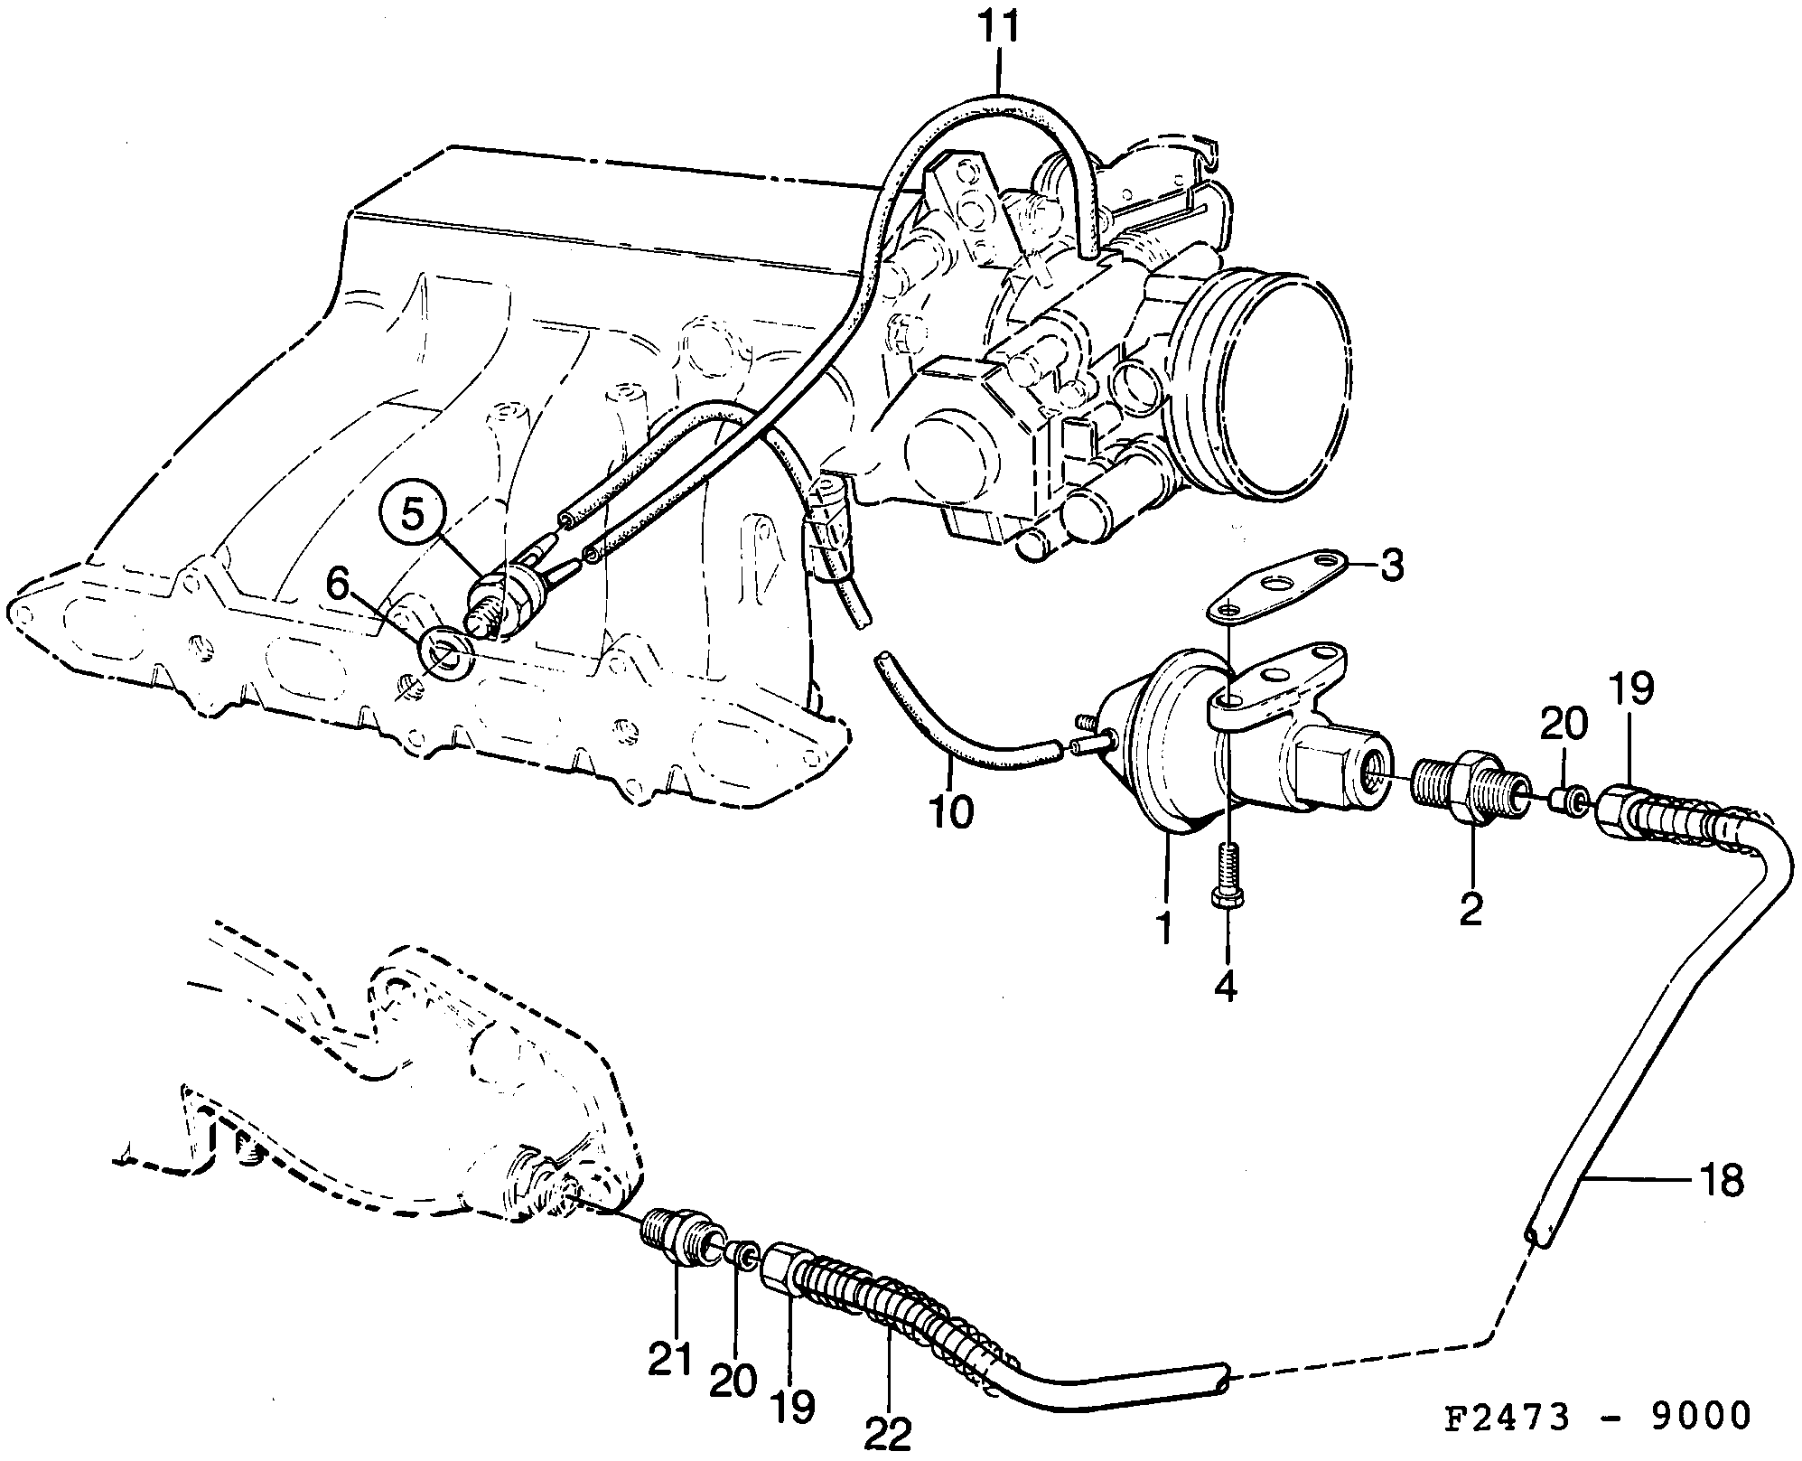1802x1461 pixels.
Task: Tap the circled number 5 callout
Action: pyautogui.click(x=412, y=514)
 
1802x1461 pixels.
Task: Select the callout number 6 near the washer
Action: pyautogui.click(x=337, y=587)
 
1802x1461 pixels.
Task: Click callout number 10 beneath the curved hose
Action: pyautogui.click(x=950, y=811)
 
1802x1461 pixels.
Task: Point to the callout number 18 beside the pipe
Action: pyautogui.click(x=1722, y=1181)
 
